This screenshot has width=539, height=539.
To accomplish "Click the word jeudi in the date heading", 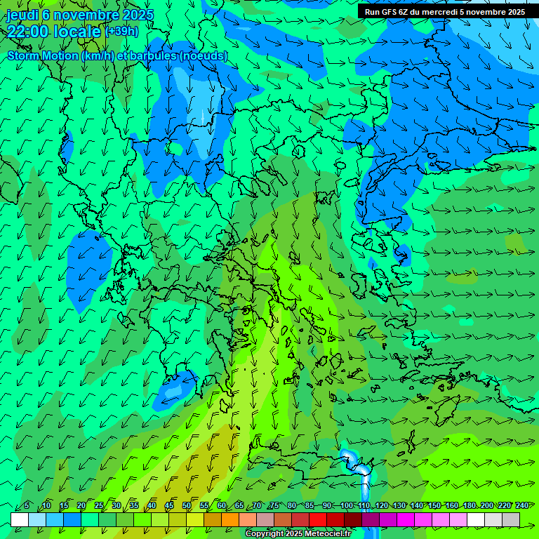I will click(x=22, y=15).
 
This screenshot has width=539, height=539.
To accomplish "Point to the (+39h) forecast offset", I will click(x=122, y=31).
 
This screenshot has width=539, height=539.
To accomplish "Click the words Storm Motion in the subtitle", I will click(x=42, y=55).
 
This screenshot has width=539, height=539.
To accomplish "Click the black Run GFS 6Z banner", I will click(x=444, y=11).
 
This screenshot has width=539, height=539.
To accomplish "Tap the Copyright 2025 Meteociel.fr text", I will click(x=298, y=534).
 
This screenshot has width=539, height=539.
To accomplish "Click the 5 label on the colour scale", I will click(x=27, y=506).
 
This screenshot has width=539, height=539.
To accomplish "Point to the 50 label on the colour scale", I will click(x=187, y=506).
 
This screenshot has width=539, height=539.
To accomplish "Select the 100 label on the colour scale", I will click(x=347, y=506).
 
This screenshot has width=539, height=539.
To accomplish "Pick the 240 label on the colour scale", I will click(x=521, y=506).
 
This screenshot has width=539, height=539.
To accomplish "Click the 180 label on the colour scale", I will click(x=470, y=506).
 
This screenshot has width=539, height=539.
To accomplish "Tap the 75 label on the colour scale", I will click(x=274, y=506).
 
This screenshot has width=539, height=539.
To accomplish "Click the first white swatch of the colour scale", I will click(x=20, y=519).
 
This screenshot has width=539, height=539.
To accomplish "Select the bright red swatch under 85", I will click(x=318, y=519).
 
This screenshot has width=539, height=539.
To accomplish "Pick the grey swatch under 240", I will click(x=511, y=519).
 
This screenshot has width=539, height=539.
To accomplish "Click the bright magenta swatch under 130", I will click(x=406, y=519).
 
